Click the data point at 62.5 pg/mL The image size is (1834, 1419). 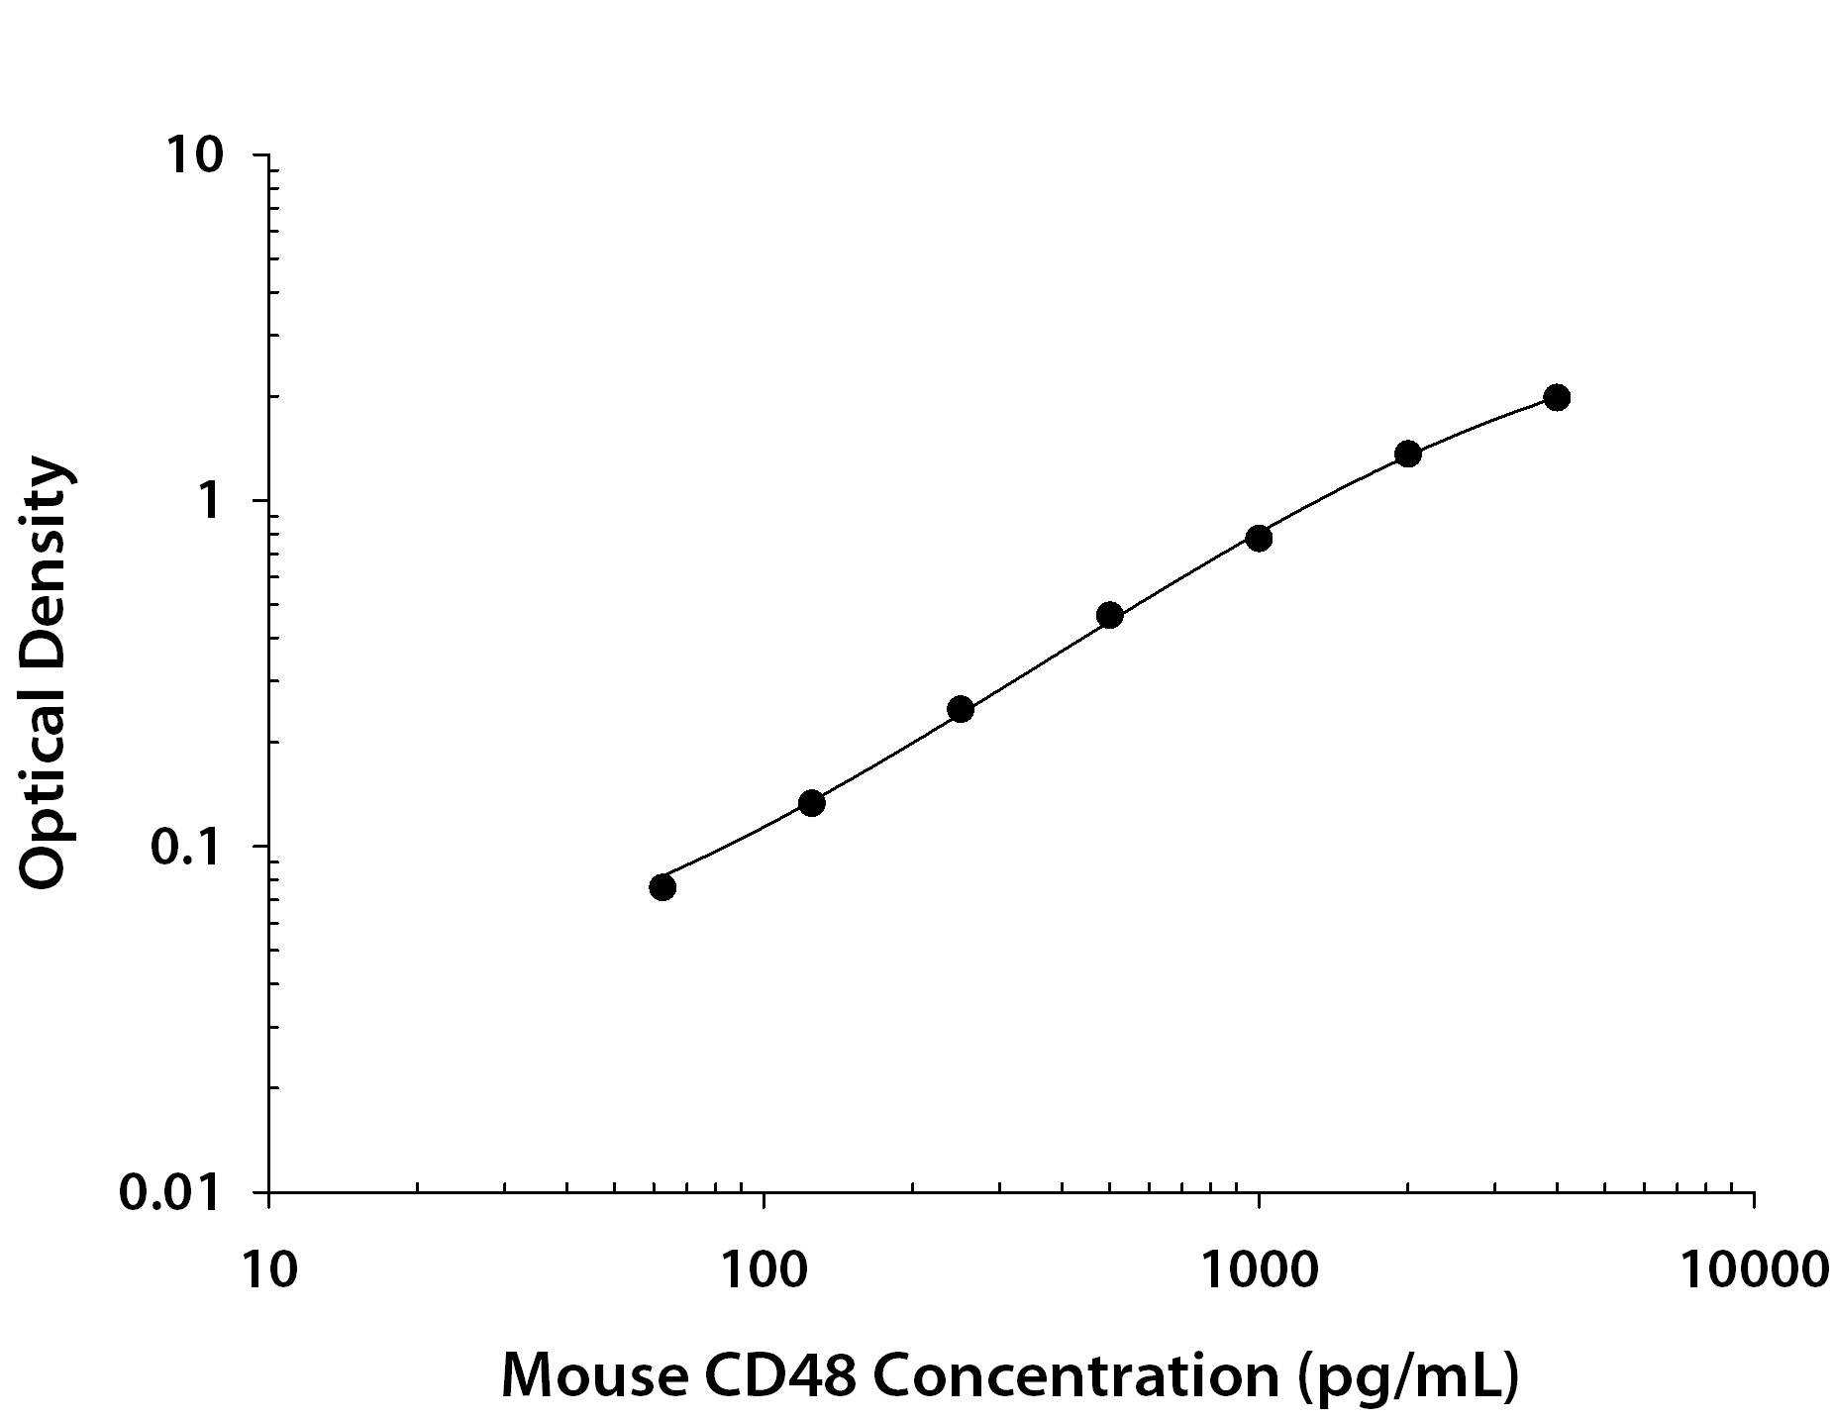tap(662, 886)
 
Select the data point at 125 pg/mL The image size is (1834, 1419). tap(811, 802)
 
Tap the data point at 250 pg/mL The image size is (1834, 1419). tap(961, 709)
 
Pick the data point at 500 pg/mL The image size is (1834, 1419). tap(1109, 615)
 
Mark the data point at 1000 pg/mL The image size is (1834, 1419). tap(1259, 538)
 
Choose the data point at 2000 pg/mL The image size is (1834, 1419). tap(1407, 454)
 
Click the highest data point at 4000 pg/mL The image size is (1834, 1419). tap(1557, 397)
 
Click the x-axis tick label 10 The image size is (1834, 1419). tap(268, 1269)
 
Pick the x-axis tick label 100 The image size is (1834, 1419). tap(764, 1269)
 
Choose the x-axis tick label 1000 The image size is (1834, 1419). tap(1259, 1269)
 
